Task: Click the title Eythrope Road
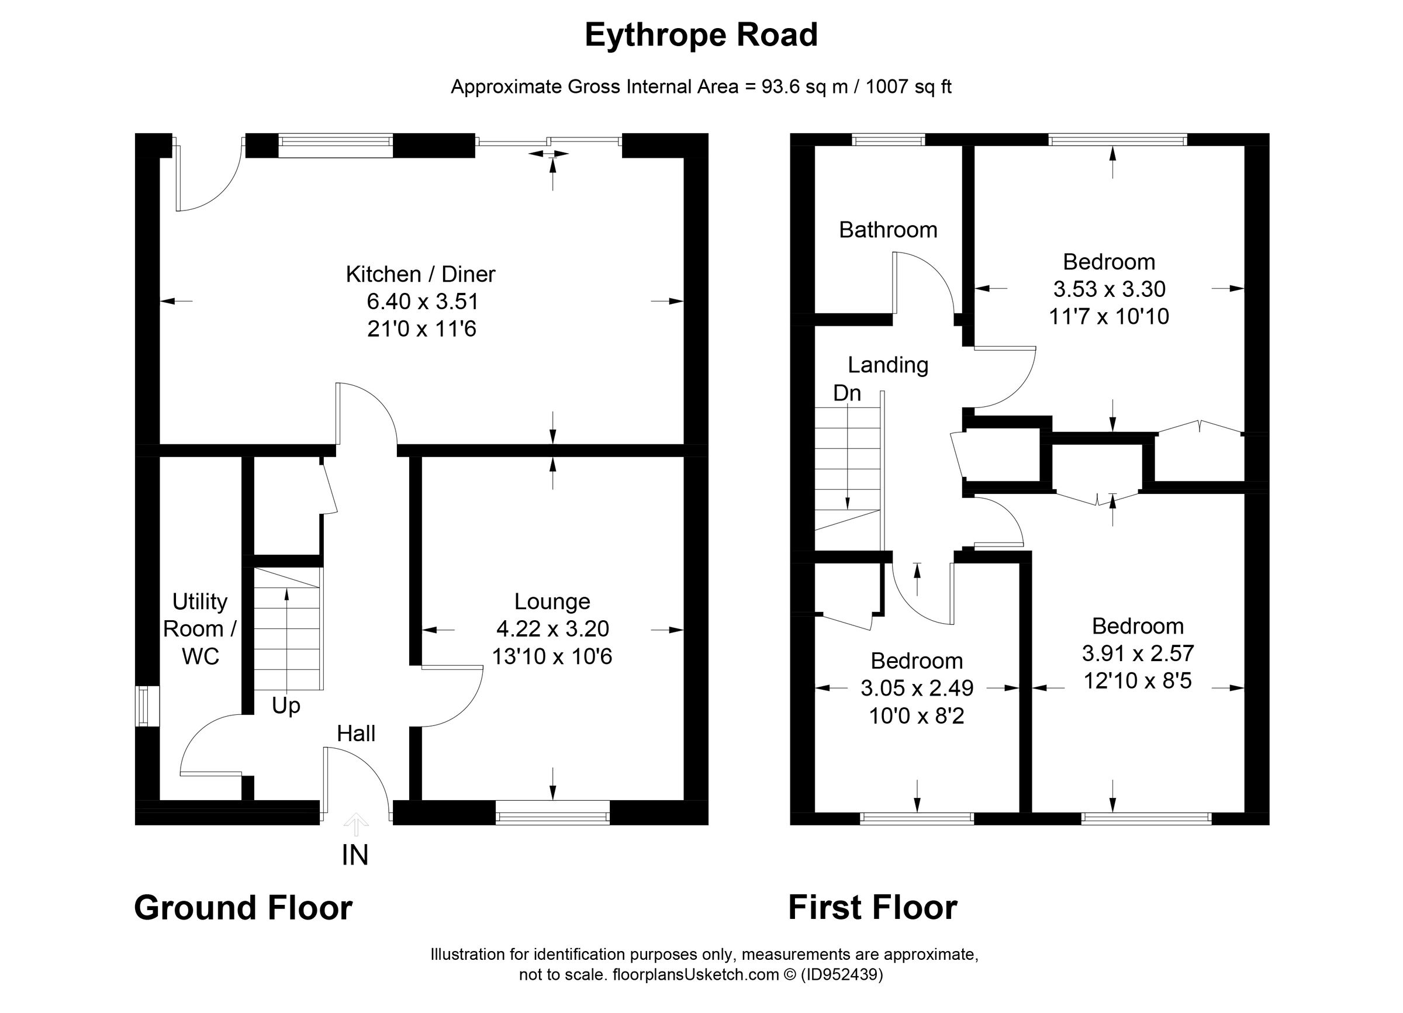pyautogui.click(x=701, y=35)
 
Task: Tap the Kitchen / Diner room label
pyautogui.click(x=420, y=274)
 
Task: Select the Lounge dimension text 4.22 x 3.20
pyautogui.click(x=552, y=628)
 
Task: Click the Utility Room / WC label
pyautogui.click(x=199, y=628)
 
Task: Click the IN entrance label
pyautogui.click(x=354, y=855)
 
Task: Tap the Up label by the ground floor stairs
pyautogui.click(x=286, y=706)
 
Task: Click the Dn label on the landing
pyautogui.click(x=847, y=393)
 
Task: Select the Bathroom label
pyautogui.click(x=888, y=230)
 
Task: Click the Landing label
pyautogui.click(x=888, y=365)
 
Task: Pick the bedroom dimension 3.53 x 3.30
pyautogui.click(x=1109, y=289)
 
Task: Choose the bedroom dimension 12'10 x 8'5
pyautogui.click(x=1138, y=681)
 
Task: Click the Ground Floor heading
pyautogui.click(x=243, y=908)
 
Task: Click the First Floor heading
pyautogui.click(x=872, y=908)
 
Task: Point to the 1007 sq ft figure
pyautogui.click(x=908, y=87)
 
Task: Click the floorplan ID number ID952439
pyautogui.click(x=842, y=974)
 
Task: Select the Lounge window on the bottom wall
pyautogui.click(x=552, y=817)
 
